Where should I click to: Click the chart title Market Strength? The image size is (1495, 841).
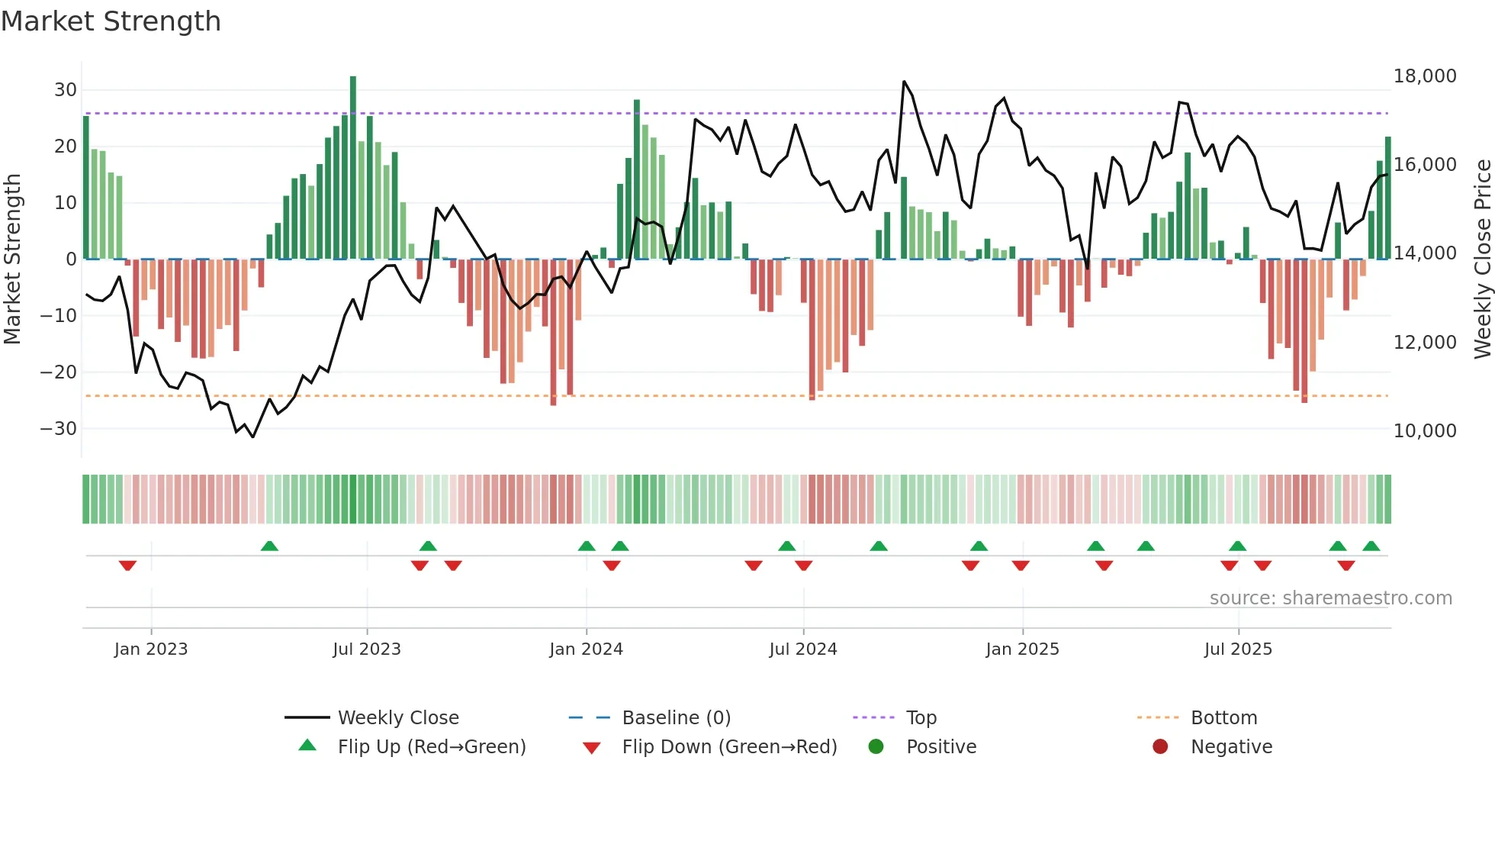tap(111, 21)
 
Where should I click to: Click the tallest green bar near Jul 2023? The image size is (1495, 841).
tap(353, 168)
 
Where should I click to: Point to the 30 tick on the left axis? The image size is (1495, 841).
tap(66, 90)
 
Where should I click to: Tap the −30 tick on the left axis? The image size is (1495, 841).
tap(59, 429)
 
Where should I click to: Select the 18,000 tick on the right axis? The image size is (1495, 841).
tap(1424, 76)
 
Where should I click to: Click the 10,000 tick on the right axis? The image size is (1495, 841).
tap(1424, 431)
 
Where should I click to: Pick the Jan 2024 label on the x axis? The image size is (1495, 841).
tap(586, 649)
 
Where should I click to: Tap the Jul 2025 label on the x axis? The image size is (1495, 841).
tap(1238, 649)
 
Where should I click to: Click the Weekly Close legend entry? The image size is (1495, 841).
tap(398, 718)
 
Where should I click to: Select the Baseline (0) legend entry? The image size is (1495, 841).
tap(676, 718)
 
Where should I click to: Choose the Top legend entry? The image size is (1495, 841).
tap(921, 718)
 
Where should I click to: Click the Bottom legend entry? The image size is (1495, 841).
tap(1223, 718)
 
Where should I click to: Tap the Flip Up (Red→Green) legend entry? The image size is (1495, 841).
tap(432, 747)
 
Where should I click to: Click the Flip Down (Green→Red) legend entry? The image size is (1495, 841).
tap(729, 747)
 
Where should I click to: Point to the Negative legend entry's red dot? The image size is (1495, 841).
tap(1160, 747)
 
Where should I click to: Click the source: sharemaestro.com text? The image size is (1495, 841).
tap(1330, 598)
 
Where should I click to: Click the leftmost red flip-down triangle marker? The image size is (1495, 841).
tap(127, 565)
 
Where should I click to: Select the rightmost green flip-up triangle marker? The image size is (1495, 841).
tap(1371, 546)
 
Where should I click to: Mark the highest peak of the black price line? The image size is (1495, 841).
tap(904, 82)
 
